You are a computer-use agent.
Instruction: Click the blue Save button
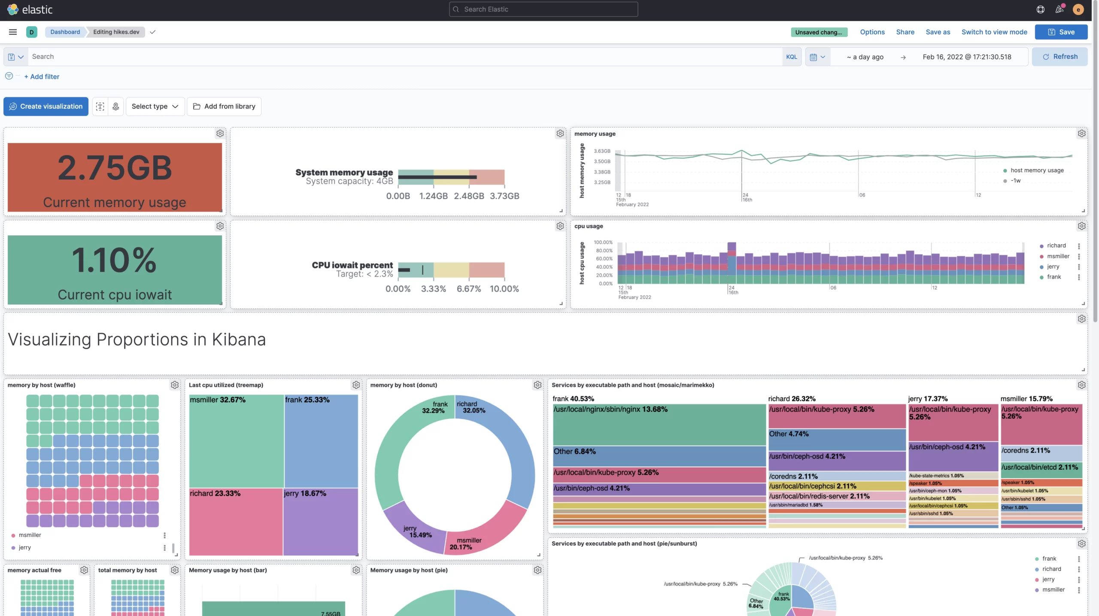(x=1061, y=32)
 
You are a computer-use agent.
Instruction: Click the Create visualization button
(x=46, y=106)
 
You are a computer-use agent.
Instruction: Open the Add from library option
(x=224, y=106)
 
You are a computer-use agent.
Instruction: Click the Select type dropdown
(x=155, y=106)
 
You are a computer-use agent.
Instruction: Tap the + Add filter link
(x=42, y=77)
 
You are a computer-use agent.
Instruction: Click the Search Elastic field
(x=543, y=9)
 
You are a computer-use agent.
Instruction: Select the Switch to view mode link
(x=994, y=32)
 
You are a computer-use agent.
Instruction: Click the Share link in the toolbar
(x=905, y=32)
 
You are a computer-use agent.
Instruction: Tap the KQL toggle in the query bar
(x=791, y=57)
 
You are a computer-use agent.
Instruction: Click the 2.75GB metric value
(x=115, y=168)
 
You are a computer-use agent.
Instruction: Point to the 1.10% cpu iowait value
(x=114, y=260)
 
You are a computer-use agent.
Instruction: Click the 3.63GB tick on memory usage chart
(x=602, y=151)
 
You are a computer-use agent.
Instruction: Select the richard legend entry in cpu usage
(x=1056, y=246)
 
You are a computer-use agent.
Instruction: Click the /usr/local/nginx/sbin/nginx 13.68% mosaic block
(x=659, y=425)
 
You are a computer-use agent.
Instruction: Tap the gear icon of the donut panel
(x=537, y=385)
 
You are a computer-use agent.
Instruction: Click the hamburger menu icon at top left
(x=13, y=32)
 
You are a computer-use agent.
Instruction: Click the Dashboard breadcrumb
(x=65, y=32)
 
